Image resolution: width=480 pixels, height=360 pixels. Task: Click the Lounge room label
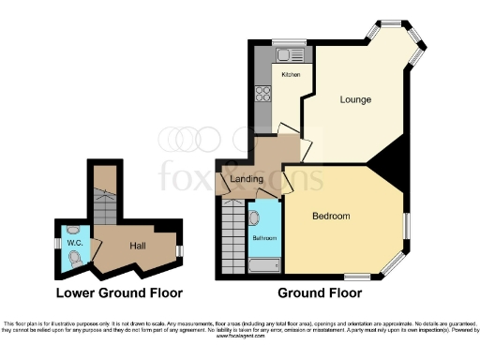pos(355,99)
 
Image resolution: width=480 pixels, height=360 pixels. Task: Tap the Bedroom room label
pos(331,216)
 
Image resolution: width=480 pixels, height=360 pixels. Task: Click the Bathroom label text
pos(263,238)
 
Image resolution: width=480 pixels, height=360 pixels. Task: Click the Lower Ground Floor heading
pos(119,292)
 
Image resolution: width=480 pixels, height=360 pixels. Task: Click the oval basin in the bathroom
pos(255,217)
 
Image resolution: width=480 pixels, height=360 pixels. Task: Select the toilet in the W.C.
pos(75,257)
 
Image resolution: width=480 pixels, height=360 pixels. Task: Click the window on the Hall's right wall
pos(179,249)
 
